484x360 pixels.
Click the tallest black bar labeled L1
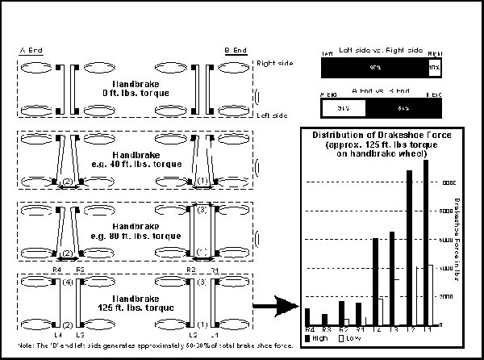point(425,242)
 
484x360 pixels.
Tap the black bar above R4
point(307,316)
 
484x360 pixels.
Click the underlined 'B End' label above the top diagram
point(236,50)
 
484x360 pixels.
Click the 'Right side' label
point(271,62)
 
